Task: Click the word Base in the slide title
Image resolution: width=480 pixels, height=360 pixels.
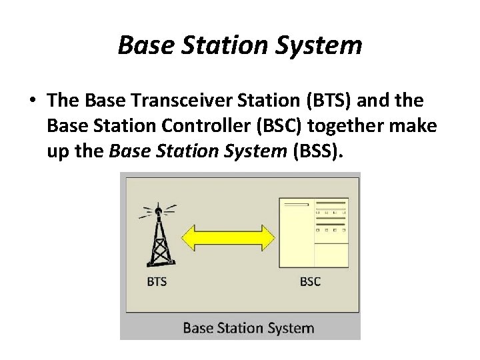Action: [x=143, y=45]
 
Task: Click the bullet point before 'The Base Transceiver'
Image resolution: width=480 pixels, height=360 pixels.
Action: [x=31, y=101]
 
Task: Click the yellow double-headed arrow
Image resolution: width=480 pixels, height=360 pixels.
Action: [x=229, y=237]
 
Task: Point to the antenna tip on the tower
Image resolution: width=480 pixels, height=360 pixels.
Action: [x=158, y=211]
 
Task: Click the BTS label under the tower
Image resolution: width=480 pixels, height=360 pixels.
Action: [x=157, y=281]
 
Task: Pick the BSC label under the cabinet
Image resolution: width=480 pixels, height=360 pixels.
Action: [x=310, y=281]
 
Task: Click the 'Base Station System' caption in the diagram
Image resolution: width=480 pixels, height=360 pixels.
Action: [x=248, y=327]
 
